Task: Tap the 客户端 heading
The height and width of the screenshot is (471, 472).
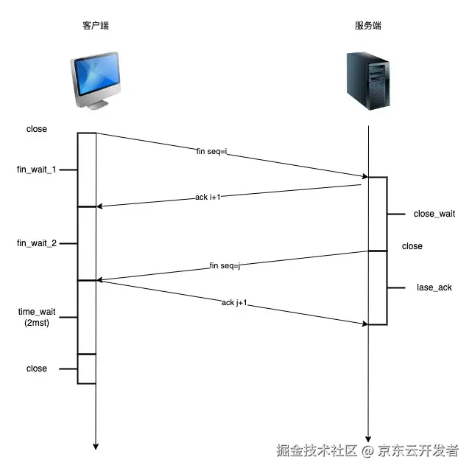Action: (95, 27)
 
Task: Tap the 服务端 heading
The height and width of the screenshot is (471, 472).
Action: (367, 27)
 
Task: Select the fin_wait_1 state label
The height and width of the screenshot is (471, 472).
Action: (37, 170)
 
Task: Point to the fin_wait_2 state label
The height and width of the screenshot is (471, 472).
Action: (37, 243)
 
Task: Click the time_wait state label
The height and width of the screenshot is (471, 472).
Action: (37, 313)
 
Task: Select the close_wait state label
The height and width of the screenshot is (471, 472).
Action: (434, 214)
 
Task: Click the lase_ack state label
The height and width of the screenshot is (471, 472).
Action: (434, 287)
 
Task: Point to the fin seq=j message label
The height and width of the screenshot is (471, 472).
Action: (225, 265)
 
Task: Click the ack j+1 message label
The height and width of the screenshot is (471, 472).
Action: (234, 302)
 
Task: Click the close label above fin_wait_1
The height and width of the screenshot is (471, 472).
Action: (36, 129)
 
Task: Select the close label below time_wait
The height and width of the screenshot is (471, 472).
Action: (36, 369)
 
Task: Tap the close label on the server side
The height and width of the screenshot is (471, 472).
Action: (412, 246)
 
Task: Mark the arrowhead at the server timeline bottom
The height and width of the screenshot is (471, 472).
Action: (367, 437)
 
